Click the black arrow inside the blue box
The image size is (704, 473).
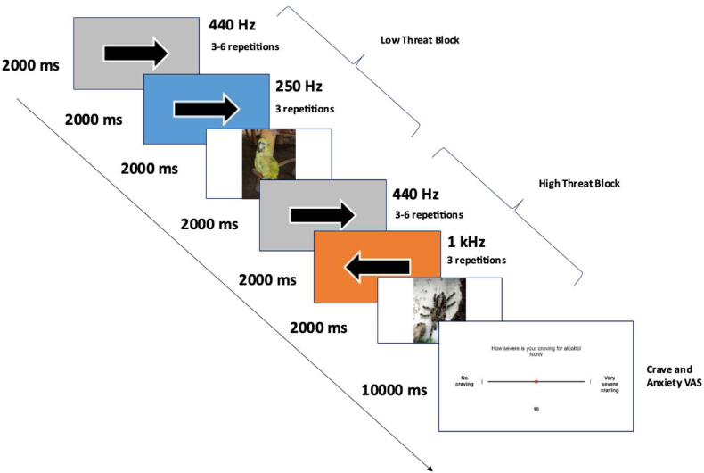coord(207,109)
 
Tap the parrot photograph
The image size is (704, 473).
coord(268,164)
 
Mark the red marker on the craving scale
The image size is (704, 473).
coord(536,381)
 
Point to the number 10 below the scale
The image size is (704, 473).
coord(536,408)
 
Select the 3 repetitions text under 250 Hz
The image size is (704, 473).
coord(307,109)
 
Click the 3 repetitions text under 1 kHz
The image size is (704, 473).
coord(476,261)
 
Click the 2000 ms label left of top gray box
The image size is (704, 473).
coord(33,64)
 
